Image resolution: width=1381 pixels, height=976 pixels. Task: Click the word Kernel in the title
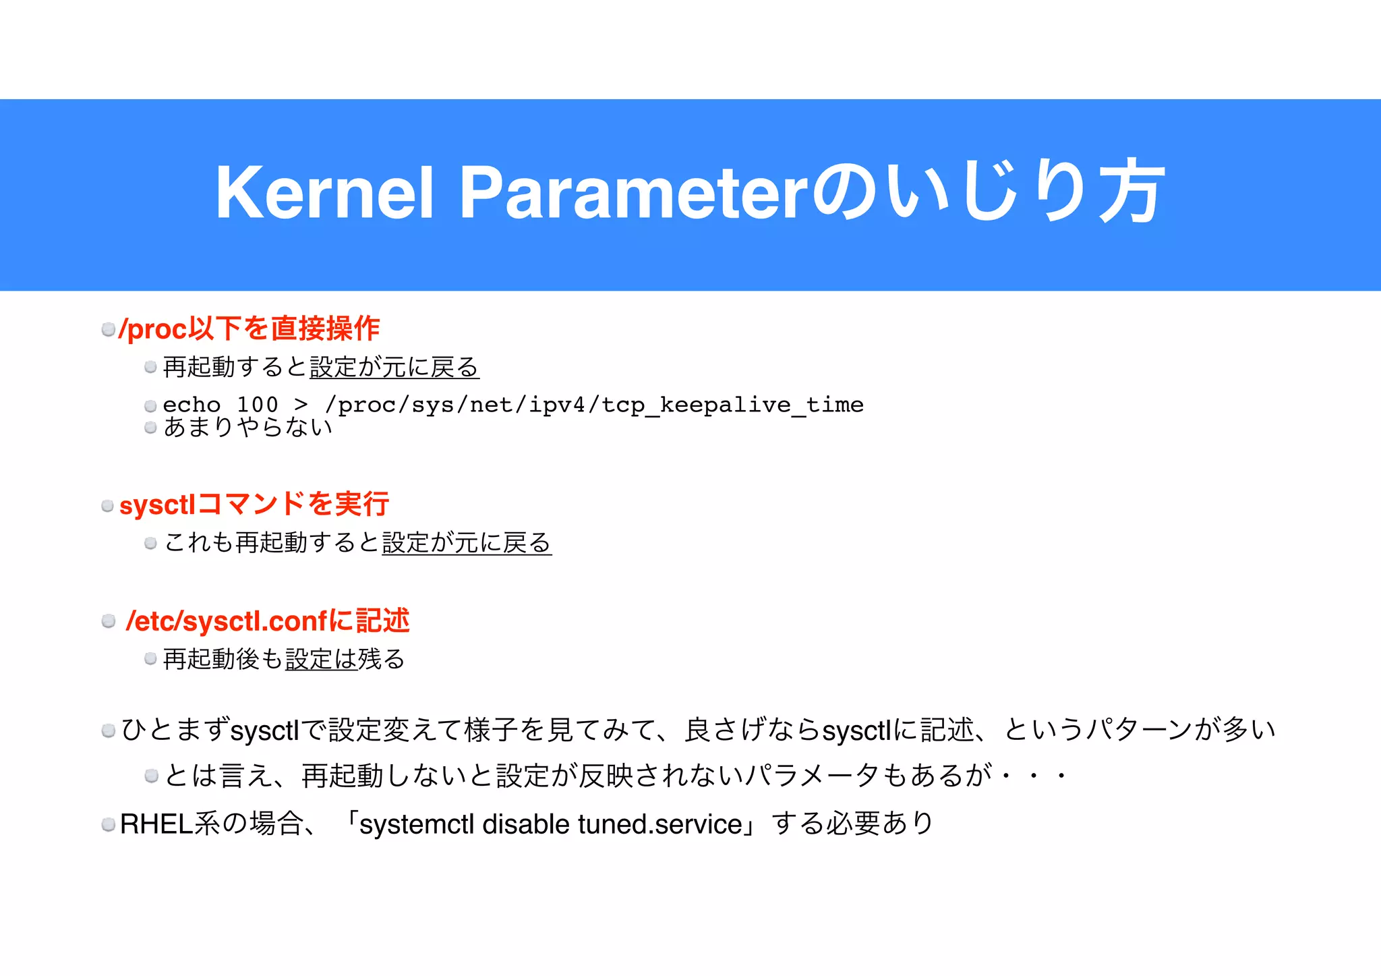click(324, 194)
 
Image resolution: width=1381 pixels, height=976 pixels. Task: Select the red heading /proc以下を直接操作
click(249, 328)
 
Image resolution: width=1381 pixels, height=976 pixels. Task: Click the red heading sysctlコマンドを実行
click(254, 505)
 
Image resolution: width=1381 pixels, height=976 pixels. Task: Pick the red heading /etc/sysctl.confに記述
click(268, 621)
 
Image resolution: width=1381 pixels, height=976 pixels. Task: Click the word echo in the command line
click(192, 405)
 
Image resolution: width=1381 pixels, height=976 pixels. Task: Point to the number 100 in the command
click(257, 405)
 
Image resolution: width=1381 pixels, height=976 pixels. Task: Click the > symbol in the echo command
click(301, 405)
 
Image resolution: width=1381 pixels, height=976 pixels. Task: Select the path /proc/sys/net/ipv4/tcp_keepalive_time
click(593, 405)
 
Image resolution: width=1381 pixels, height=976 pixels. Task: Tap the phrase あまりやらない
click(247, 427)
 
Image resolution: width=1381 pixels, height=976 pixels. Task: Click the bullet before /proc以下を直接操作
click(108, 329)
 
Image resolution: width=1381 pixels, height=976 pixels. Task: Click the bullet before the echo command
click(150, 406)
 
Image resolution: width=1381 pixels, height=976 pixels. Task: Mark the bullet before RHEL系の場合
click(108, 824)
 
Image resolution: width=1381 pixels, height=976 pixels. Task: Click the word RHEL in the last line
click(156, 824)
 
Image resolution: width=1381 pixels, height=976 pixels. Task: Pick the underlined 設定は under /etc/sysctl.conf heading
click(321, 659)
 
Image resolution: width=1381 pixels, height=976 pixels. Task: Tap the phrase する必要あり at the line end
click(852, 824)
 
